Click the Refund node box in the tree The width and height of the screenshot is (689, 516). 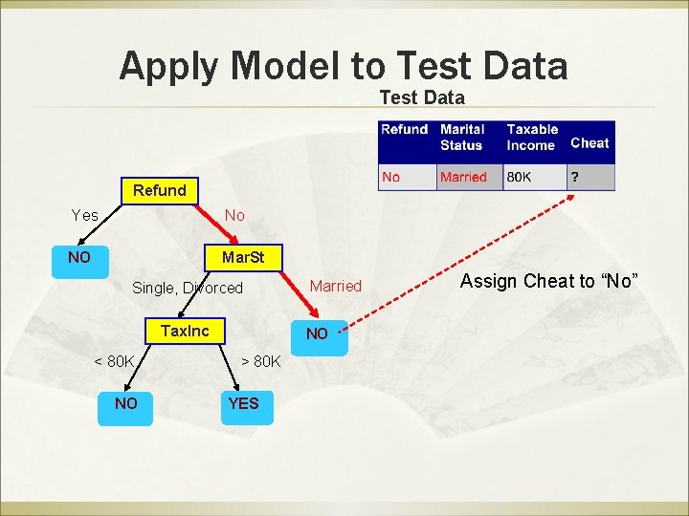[x=159, y=190]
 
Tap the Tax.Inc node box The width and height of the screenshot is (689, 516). [x=184, y=332]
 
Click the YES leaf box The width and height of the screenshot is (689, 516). [x=243, y=403]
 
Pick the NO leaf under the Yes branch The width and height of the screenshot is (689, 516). [x=79, y=258]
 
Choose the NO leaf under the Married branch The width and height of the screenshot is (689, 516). [x=316, y=333]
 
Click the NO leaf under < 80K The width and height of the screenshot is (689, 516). [x=125, y=403]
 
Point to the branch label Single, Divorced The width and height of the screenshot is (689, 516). [x=188, y=288]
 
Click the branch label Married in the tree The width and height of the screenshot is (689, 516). [x=336, y=286]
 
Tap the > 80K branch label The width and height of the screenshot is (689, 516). [x=260, y=361]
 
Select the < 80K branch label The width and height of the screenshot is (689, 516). [x=114, y=361]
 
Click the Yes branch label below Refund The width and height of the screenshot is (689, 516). [x=85, y=216]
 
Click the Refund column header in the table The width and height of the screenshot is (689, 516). [x=404, y=130]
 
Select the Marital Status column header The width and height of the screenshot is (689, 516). [x=463, y=137]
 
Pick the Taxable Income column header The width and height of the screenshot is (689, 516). [x=532, y=137]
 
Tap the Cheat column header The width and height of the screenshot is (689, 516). [x=589, y=143]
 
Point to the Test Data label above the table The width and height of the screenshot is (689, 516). [x=422, y=97]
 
